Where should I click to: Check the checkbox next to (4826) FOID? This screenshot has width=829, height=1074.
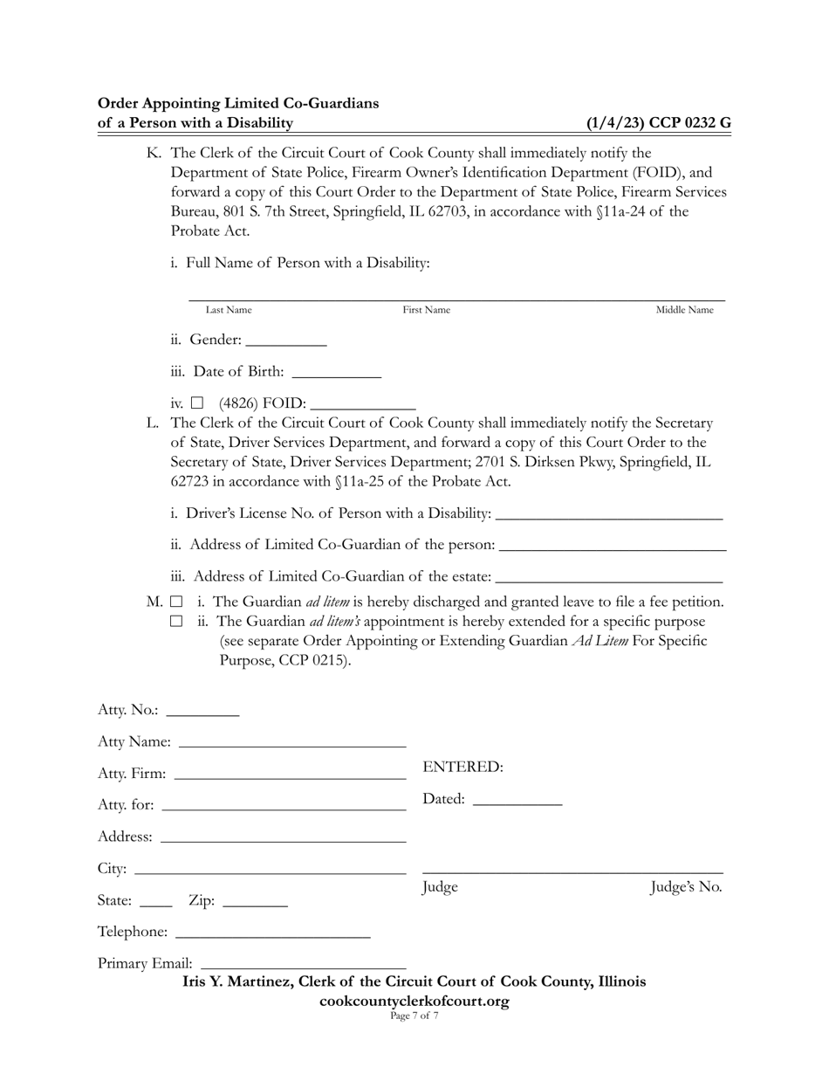(197, 403)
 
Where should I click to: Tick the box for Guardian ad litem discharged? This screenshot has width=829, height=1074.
(176, 602)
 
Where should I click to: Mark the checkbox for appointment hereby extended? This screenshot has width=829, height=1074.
(176, 622)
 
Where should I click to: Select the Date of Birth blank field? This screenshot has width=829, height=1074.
(336, 372)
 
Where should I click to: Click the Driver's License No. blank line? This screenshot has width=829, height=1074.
(608, 513)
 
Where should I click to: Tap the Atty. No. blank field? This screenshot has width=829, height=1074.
(202, 711)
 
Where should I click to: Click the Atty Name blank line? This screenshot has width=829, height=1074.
(291, 742)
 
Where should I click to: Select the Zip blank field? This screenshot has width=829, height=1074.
(255, 901)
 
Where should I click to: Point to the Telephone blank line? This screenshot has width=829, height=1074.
(272, 933)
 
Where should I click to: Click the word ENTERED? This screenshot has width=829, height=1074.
(462, 768)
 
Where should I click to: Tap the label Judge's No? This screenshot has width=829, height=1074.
(687, 888)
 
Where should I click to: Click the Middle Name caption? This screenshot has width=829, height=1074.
(684, 310)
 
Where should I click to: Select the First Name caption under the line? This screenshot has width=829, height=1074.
(426, 310)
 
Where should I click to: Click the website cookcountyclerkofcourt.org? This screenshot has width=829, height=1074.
(414, 1001)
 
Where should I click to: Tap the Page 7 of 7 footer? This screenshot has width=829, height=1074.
(414, 1015)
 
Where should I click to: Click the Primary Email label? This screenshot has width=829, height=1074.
(145, 964)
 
